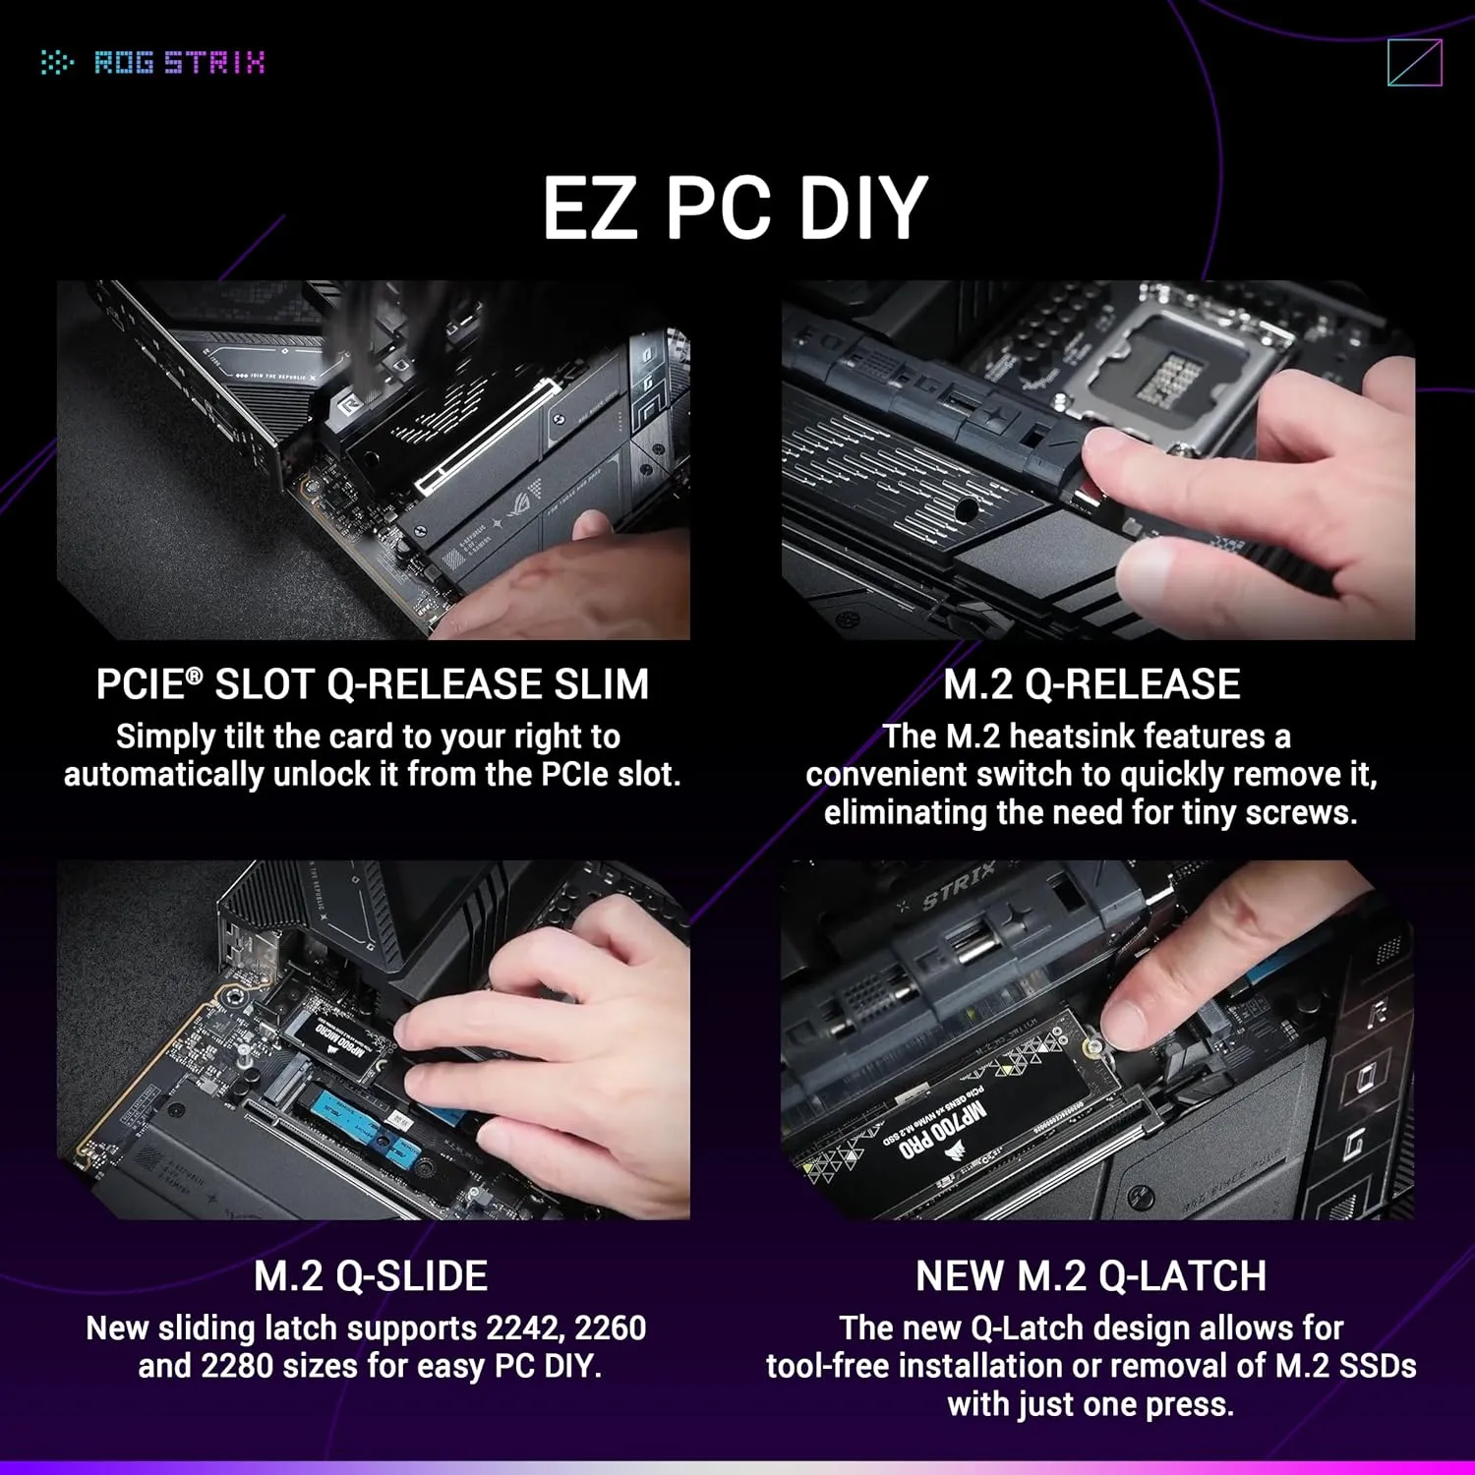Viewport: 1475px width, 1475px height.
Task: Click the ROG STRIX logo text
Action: (179, 63)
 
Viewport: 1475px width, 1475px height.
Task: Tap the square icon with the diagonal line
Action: (1414, 63)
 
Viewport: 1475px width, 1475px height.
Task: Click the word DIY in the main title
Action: (862, 208)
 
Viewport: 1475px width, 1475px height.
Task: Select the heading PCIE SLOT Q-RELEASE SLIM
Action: (373, 684)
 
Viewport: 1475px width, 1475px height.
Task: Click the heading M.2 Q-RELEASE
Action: (1091, 684)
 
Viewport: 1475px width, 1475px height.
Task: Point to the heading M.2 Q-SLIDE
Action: (371, 1276)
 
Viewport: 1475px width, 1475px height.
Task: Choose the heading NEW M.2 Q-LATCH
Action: (1091, 1276)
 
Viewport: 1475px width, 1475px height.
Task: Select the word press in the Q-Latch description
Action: (1190, 1405)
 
